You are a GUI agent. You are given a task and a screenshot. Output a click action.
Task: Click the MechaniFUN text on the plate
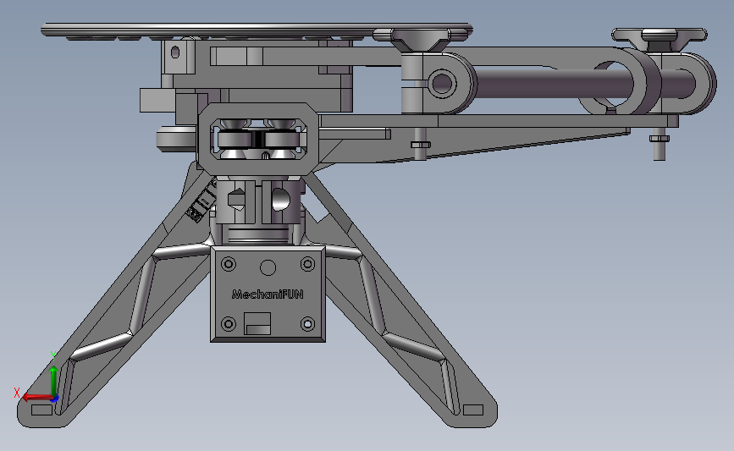click(268, 294)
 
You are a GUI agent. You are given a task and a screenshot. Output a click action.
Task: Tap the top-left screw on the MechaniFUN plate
click(229, 264)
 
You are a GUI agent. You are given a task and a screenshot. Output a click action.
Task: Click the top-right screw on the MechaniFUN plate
click(307, 264)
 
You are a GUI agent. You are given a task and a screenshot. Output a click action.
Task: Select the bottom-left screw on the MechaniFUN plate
click(229, 324)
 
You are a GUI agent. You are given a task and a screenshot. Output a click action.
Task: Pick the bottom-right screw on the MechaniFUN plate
click(307, 324)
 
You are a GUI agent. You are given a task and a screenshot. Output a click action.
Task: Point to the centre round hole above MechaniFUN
click(268, 268)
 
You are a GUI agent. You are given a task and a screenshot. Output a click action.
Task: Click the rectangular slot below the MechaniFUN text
click(257, 324)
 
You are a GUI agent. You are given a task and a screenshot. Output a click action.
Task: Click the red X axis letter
click(17, 393)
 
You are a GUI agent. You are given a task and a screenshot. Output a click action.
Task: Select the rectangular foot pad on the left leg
click(41, 410)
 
